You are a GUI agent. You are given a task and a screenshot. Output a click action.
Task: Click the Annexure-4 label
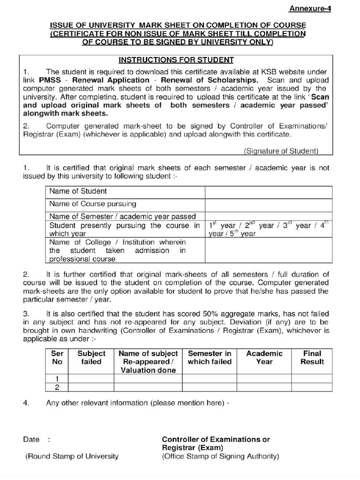[310, 8]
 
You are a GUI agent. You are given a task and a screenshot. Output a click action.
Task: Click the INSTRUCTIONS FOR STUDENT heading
[176, 60]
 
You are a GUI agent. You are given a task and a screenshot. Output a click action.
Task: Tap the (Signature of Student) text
[281, 151]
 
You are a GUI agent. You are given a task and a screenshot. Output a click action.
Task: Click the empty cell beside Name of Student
[268, 192]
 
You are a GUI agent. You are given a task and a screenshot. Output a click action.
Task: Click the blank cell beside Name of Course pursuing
[268, 205]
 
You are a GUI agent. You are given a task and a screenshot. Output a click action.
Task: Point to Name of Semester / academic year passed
[122, 217]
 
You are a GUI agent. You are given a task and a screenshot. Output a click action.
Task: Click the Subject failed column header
[91, 358]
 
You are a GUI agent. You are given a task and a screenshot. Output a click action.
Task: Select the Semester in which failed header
[210, 358]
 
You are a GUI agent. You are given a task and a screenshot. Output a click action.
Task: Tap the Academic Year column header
[264, 358]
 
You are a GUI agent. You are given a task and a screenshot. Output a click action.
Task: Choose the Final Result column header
[312, 358]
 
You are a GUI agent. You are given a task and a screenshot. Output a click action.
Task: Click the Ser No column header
[57, 358]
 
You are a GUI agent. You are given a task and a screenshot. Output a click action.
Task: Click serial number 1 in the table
[57, 379]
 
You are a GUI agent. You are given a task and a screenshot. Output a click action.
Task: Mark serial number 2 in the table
[57, 387]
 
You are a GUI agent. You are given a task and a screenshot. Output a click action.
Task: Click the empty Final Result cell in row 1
[312, 379]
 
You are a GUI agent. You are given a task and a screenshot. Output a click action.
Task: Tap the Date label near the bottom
[31, 440]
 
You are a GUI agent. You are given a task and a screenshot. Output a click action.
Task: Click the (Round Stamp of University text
[72, 456]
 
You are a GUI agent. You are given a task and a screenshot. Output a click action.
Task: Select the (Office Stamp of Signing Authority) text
[220, 456]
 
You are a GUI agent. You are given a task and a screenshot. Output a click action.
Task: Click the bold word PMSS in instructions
[50, 80]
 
